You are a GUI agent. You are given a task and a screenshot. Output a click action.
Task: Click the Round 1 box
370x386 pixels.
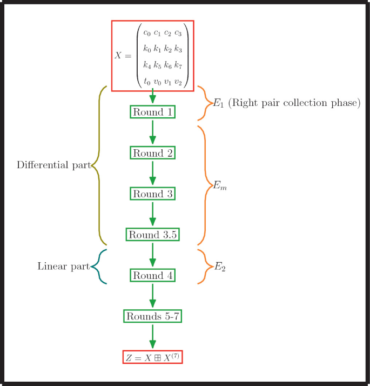(152, 112)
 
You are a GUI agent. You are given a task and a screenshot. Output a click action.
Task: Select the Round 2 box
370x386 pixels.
(152, 153)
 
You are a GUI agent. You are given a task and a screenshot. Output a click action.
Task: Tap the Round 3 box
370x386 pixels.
(152, 194)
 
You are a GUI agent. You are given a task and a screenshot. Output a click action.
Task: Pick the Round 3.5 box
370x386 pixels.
(152, 235)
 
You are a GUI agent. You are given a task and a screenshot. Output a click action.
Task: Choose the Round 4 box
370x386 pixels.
(152, 276)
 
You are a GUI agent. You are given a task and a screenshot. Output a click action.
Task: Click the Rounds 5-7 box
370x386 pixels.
(152, 316)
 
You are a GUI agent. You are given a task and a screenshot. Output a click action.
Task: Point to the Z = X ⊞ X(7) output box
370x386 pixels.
(152, 357)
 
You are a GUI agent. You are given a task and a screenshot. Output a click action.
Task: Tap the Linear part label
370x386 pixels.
(63, 267)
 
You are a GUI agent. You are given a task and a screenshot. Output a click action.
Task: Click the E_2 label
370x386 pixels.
(219, 267)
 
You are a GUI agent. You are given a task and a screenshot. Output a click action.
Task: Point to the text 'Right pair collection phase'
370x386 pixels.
(294, 103)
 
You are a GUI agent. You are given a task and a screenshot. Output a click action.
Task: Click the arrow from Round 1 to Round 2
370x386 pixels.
(152, 132)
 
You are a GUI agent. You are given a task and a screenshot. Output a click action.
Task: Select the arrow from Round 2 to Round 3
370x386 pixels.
(152, 173)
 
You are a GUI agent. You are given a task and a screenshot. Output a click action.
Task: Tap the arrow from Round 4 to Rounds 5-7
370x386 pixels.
(152, 296)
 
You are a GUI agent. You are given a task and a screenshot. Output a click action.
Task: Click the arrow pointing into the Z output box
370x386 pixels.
(152, 336)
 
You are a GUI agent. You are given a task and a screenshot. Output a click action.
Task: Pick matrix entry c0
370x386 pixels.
(146, 34)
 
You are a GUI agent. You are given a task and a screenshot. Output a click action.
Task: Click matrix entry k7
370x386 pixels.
(178, 65)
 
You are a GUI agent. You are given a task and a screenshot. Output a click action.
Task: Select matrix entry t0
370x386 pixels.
(146, 82)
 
